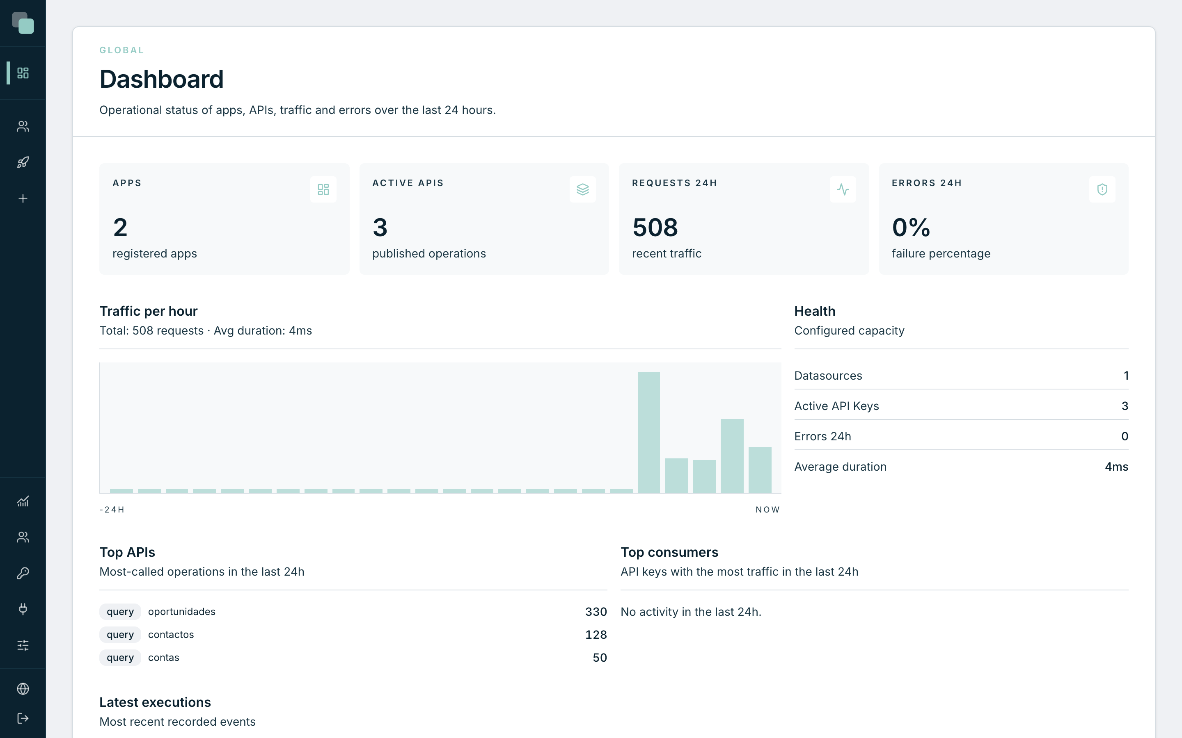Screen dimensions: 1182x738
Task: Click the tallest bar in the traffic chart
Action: point(648,433)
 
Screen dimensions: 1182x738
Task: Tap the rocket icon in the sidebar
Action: point(23,162)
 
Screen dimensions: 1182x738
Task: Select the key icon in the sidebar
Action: point(23,573)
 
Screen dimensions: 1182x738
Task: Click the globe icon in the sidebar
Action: point(23,689)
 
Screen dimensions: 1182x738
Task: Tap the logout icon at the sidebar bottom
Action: point(23,718)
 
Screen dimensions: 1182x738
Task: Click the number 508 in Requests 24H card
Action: point(655,228)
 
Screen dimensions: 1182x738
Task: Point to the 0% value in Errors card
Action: point(911,228)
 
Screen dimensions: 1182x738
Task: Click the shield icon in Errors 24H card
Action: point(1102,189)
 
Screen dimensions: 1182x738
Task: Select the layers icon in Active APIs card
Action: point(583,189)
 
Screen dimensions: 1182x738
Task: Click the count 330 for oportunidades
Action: point(596,612)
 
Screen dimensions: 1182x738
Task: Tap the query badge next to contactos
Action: point(120,635)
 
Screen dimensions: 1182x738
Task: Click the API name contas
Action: point(164,658)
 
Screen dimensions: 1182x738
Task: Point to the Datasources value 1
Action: point(1126,376)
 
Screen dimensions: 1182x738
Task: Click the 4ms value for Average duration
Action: point(1117,467)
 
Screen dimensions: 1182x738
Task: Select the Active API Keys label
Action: point(837,406)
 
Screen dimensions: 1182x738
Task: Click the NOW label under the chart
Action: point(767,510)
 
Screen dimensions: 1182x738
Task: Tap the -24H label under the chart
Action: point(112,510)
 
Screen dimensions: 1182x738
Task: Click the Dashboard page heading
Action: point(162,79)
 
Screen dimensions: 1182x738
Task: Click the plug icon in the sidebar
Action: point(23,609)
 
